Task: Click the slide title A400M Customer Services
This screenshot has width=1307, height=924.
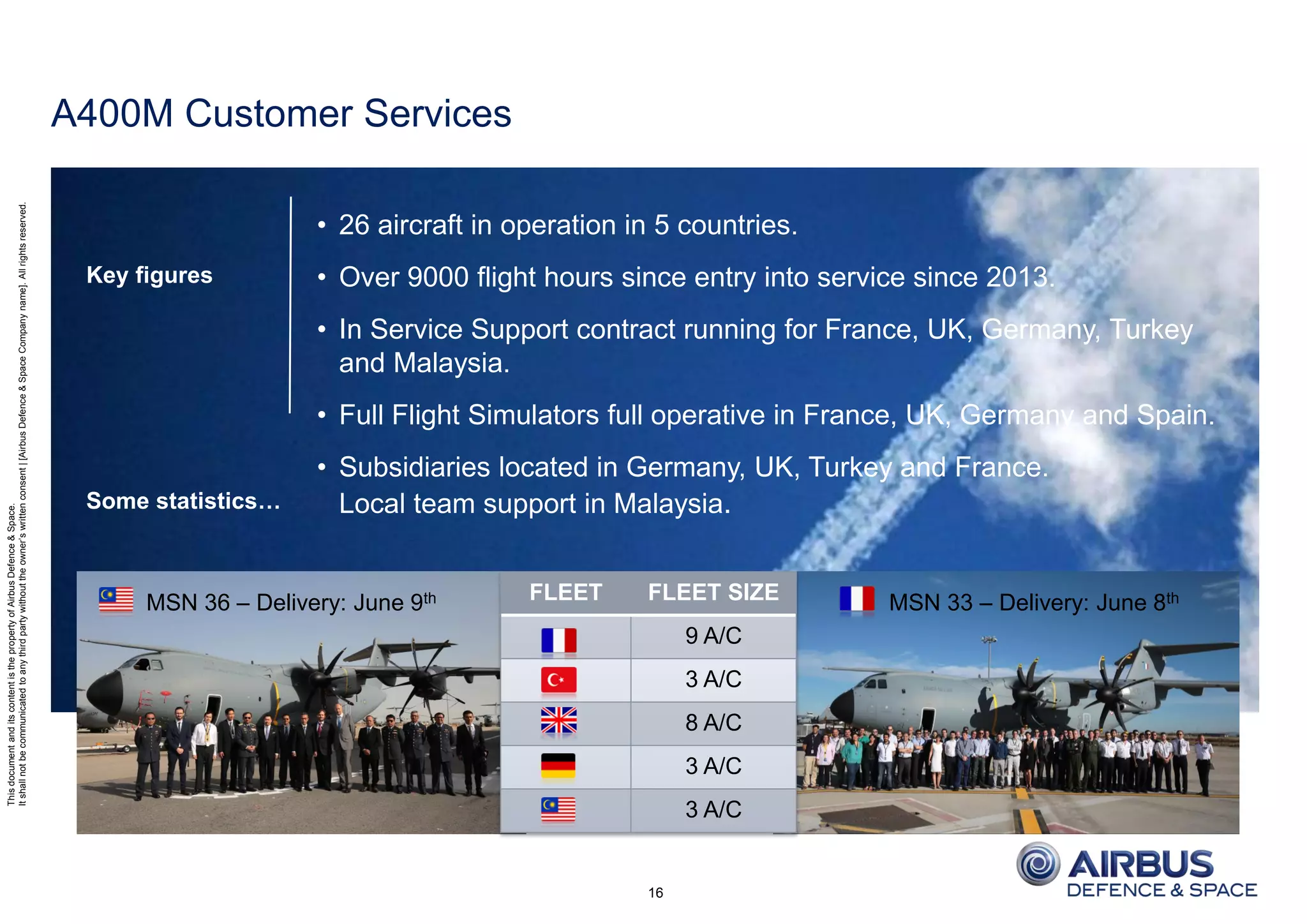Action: point(281,114)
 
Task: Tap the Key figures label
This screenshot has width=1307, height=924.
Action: point(149,275)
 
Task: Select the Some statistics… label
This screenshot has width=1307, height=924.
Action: point(183,501)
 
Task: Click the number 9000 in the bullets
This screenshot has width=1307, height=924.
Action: point(437,278)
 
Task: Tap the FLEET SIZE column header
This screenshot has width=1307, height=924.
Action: point(713,592)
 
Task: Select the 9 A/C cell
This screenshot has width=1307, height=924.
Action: point(713,636)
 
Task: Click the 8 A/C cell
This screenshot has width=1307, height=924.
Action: point(713,723)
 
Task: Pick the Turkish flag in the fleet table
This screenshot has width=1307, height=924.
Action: point(558,680)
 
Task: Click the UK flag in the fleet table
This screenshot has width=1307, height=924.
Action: point(558,722)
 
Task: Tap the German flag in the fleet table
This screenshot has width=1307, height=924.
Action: point(558,766)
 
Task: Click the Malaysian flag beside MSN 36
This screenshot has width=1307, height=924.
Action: point(116,600)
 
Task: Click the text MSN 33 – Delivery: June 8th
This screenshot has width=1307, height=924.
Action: point(1033,602)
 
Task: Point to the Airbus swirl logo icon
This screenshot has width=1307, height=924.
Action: point(1038,864)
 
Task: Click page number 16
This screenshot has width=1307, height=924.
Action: point(655,893)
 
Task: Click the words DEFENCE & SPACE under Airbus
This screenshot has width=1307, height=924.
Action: point(1161,890)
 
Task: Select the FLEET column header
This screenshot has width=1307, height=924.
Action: point(565,592)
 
